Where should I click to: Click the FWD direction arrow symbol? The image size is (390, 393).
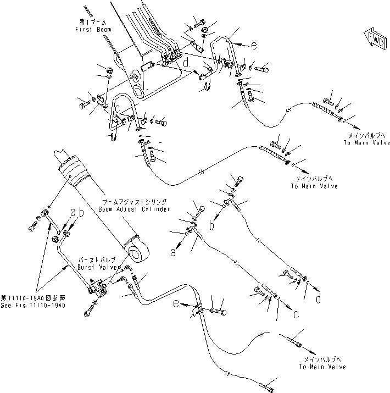[374, 38]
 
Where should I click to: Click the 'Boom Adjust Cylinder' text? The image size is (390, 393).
[135, 209]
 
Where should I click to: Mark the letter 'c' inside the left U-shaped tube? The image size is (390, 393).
[116, 108]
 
